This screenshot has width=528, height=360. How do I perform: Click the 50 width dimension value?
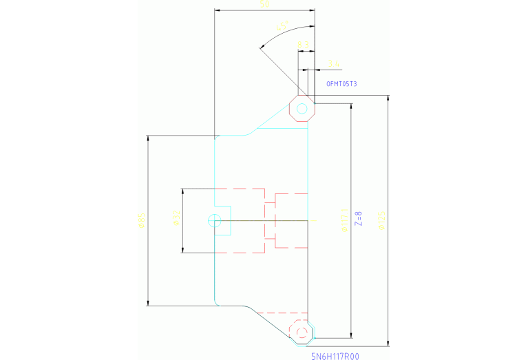(x=264, y=5)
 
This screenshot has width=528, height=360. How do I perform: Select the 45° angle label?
(x=281, y=27)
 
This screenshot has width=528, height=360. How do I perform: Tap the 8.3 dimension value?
(x=302, y=45)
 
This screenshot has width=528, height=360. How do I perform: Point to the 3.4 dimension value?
(x=334, y=65)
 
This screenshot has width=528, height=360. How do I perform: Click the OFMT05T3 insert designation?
(x=341, y=84)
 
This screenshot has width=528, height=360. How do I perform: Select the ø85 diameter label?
(x=141, y=220)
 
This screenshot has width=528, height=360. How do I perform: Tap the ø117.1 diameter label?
(x=344, y=220)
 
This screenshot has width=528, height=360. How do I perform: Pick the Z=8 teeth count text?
(x=358, y=219)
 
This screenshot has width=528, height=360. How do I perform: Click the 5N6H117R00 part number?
(x=335, y=356)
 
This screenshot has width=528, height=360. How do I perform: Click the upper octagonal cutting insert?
(x=302, y=109)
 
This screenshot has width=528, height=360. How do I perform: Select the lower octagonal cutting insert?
(x=302, y=332)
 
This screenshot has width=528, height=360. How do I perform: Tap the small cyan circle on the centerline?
(x=214, y=220)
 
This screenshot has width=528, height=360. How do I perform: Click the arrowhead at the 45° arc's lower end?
(x=261, y=48)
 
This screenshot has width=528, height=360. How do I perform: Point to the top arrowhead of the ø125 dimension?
(x=389, y=98)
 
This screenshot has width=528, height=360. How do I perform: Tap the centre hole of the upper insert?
(x=302, y=109)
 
